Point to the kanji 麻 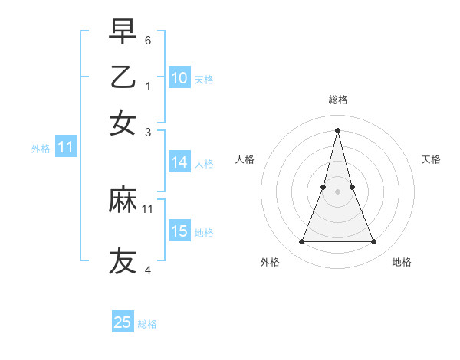point(123,200)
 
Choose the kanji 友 point(123,260)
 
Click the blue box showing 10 point(179,77)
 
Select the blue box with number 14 point(179,162)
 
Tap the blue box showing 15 point(179,231)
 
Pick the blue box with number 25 point(123,322)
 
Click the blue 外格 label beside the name point(40,149)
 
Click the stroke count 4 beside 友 point(148,269)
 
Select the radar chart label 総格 point(337,100)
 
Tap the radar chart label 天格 point(431,159)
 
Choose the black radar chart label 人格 point(245,159)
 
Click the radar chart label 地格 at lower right point(402,262)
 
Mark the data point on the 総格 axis point(337,129)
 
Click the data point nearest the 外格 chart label point(301,242)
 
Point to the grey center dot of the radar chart point(337,191)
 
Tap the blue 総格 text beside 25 point(147,324)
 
